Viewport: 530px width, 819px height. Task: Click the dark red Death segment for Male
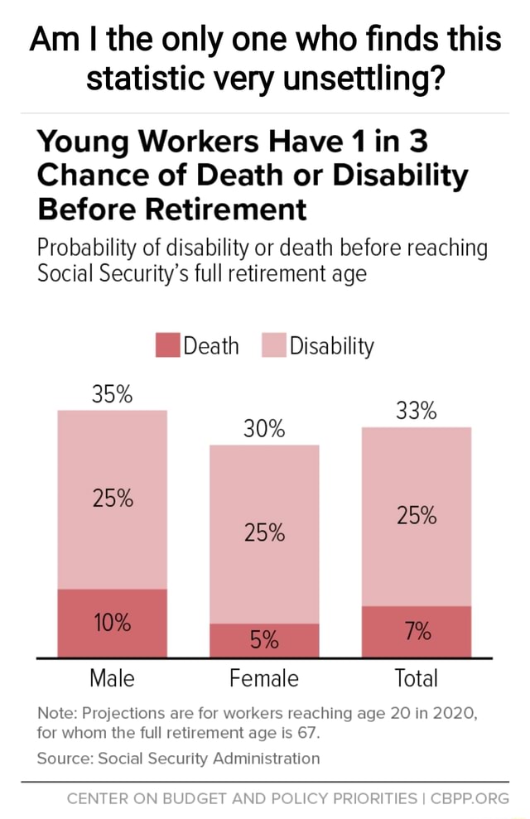point(112,623)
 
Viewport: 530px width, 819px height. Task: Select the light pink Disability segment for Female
point(264,533)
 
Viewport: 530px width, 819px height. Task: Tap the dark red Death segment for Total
point(417,631)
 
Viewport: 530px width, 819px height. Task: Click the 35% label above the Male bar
point(112,393)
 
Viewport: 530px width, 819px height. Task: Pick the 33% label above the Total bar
point(417,411)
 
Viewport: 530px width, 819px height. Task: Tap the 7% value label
point(417,631)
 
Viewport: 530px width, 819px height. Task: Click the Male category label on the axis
point(112,679)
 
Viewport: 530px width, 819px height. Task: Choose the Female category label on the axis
point(264,679)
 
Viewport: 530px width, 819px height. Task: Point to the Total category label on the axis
point(416,679)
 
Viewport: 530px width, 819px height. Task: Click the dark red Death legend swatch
point(168,344)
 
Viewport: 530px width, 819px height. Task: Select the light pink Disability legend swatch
point(274,344)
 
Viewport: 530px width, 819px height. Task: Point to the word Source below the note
point(62,758)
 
